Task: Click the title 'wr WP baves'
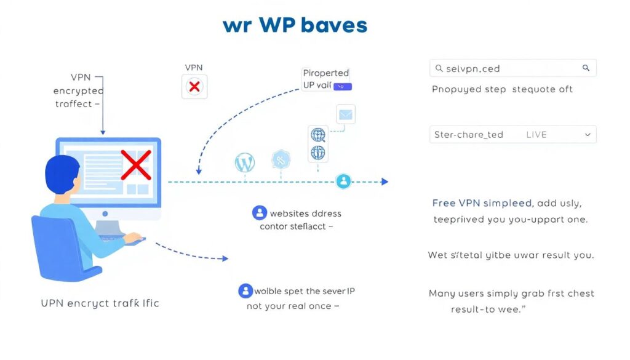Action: click(295, 25)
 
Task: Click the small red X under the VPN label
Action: click(194, 87)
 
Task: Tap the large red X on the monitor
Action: click(136, 165)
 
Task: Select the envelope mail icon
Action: click(346, 114)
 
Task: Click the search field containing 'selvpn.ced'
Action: click(504, 68)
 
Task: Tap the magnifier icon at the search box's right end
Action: click(586, 68)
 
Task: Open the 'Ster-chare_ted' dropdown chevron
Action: click(588, 134)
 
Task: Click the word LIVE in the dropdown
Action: click(536, 134)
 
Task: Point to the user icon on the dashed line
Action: click(343, 181)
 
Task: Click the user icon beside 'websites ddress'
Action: click(260, 213)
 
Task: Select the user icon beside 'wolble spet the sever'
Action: click(245, 291)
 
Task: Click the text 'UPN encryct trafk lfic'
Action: click(100, 303)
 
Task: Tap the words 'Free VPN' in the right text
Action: click(453, 202)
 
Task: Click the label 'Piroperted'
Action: click(326, 73)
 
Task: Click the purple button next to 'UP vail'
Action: click(342, 87)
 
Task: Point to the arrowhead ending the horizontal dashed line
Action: click(385, 182)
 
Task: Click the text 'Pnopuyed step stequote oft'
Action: click(502, 89)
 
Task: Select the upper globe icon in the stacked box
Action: click(317, 134)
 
